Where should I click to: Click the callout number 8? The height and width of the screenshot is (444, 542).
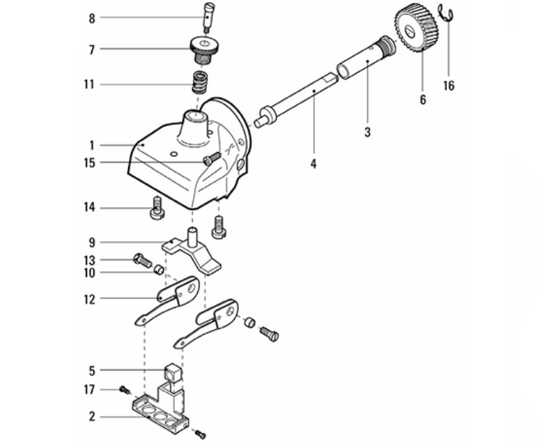pyautogui.click(x=91, y=18)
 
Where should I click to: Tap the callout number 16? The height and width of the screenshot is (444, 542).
pyautogui.click(x=449, y=86)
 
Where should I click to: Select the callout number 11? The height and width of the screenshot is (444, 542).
pyautogui.click(x=89, y=84)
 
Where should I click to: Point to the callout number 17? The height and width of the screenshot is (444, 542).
pyautogui.click(x=89, y=390)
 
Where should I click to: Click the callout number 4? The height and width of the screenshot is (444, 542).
pyautogui.click(x=313, y=164)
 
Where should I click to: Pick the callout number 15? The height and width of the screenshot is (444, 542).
pyautogui.click(x=90, y=163)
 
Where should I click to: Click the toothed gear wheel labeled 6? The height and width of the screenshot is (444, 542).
pyautogui.click(x=417, y=29)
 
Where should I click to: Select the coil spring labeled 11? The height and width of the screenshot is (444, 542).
pyautogui.click(x=200, y=82)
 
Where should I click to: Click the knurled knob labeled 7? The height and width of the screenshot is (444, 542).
pyautogui.click(x=205, y=50)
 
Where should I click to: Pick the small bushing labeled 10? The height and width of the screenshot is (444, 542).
pyautogui.click(x=159, y=269)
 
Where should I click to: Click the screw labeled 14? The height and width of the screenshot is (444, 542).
pyautogui.click(x=157, y=207)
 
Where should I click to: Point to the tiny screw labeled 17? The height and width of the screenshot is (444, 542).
pyautogui.click(x=125, y=390)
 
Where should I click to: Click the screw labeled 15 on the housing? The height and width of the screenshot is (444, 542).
pyautogui.click(x=211, y=159)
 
